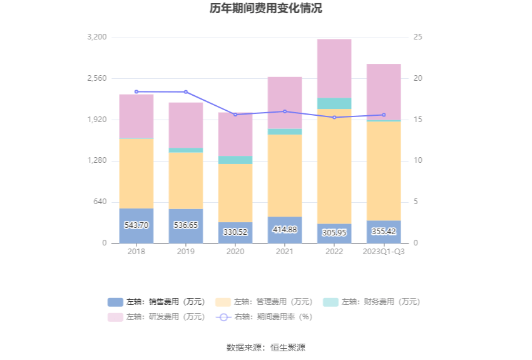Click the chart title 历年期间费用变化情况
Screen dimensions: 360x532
[x=266, y=9]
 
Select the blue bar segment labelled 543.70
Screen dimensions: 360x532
[x=136, y=225]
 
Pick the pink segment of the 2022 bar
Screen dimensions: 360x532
[x=334, y=68]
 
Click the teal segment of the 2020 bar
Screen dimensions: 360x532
[x=235, y=160]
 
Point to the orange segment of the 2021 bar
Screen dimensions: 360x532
[x=285, y=175]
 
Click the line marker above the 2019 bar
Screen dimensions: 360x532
[x=186, y=92]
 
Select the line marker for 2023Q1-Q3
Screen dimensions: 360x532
[x=384, y=115]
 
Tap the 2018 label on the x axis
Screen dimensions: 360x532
[x=136, y=251]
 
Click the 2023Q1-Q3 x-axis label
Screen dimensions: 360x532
[x=384, y=251]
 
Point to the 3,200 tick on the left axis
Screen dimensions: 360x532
[x=97, y=38]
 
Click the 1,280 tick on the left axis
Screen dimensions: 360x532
[x=97, y=161]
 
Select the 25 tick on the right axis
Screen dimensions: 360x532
[x=418, y=38]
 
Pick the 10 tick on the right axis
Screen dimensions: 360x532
[x=418, y=161]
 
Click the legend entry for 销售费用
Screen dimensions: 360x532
[x=156, y=302]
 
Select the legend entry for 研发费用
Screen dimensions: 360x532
[x=156, y=317]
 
